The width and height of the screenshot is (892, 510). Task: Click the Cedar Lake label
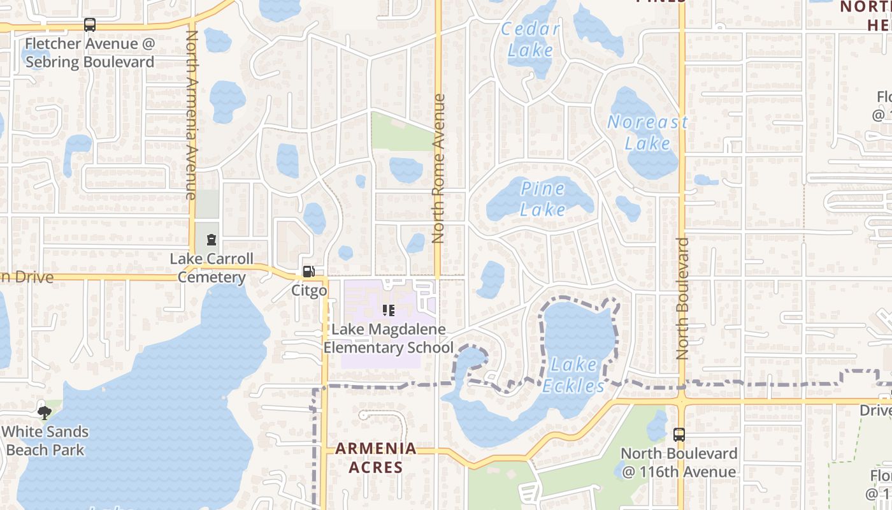[x=531, y=40]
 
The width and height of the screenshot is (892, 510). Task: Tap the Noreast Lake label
[x=647, y=132]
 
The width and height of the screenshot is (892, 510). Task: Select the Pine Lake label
[x=543, y=199]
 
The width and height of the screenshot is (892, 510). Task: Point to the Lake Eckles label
[x=574, y=375]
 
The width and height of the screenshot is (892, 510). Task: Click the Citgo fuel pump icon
[x=308, y=272]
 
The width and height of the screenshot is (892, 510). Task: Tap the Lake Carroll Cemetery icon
[x=211, y=240]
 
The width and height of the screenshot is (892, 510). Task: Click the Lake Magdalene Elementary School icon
[x=388, y=310]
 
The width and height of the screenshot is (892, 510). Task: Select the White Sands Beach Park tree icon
[x=45, y=413]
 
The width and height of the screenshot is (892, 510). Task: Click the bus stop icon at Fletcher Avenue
[x=90, y=25]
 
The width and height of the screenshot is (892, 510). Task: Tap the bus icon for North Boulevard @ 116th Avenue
[x=679, y=435]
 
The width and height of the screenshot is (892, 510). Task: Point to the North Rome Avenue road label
[x=438, y=169]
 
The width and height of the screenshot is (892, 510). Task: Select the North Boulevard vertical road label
[x=682, y=298]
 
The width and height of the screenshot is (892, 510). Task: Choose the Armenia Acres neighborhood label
[x=376, y=458]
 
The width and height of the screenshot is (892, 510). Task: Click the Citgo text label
[x=309, y=291]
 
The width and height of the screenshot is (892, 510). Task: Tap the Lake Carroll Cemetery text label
[x=212, y=268]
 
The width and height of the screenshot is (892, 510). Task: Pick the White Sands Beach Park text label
[x=45, y=441]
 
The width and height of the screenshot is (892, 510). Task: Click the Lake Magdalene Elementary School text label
[x=388, y=339]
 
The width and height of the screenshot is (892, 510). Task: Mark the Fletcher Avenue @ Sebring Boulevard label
[x=90, y=53]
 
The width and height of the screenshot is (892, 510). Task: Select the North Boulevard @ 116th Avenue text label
[x=679, y=463]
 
